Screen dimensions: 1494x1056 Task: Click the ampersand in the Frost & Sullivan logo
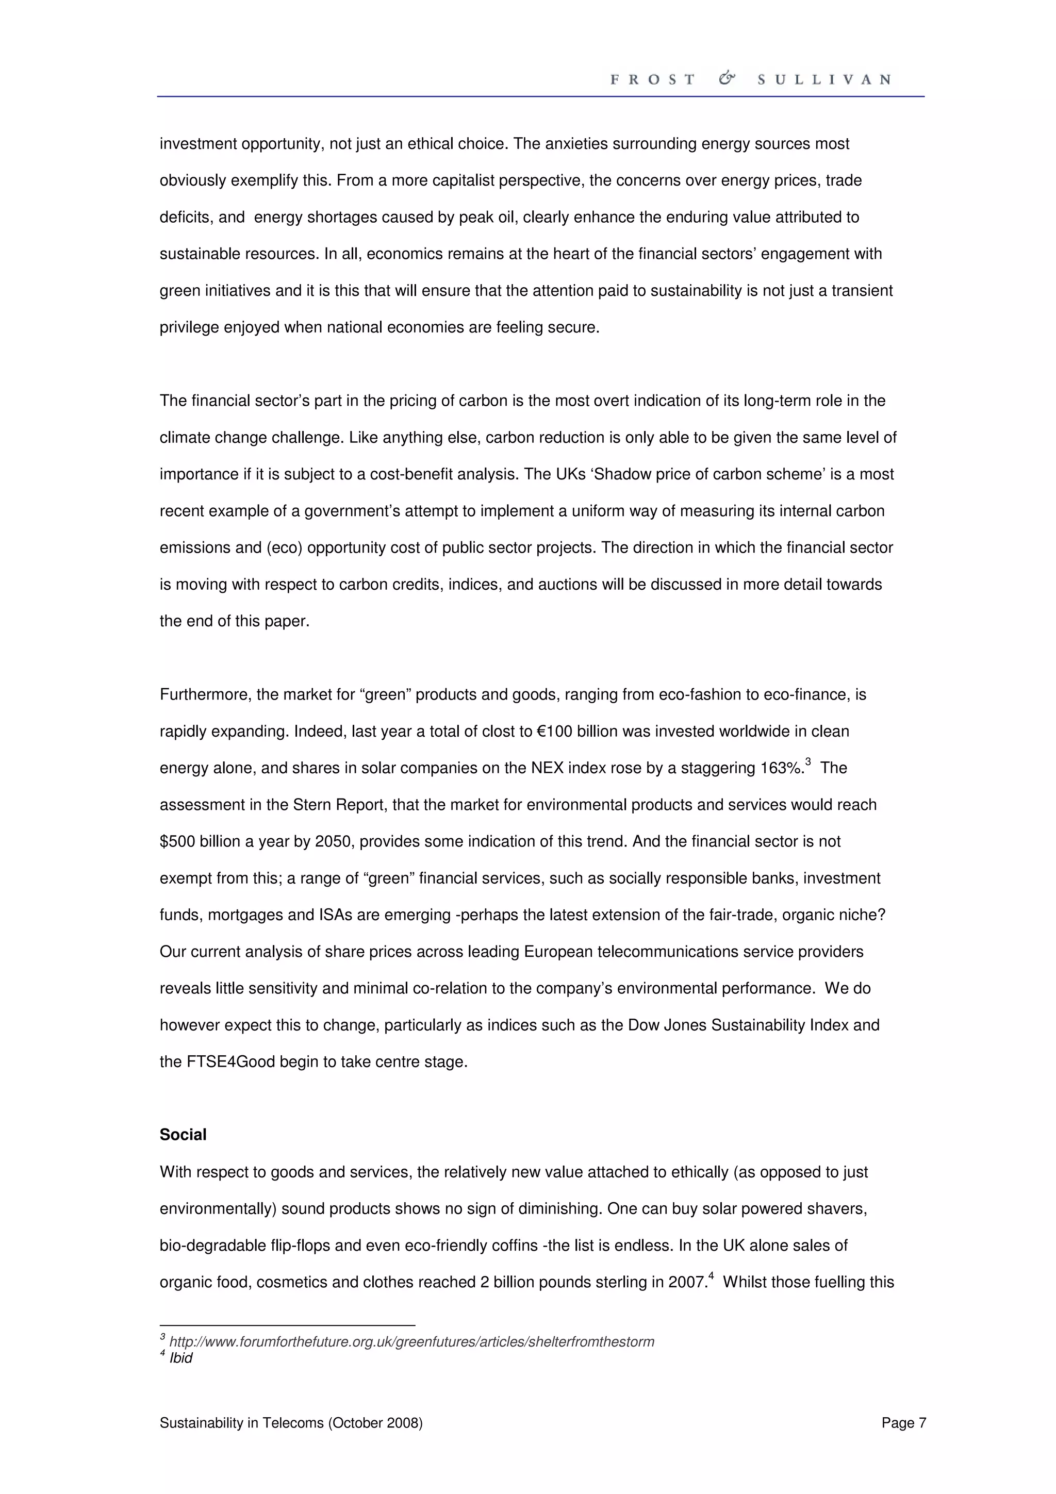point(727,79)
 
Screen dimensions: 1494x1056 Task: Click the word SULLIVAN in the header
point(824,79)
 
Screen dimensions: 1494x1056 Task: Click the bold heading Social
point(183,1134)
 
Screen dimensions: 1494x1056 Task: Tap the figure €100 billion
point(577,732)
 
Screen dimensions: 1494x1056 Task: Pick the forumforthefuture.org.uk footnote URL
point(411,1342)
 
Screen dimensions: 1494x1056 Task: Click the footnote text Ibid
point(181,1358)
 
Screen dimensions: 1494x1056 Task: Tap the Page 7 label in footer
point(903,1423)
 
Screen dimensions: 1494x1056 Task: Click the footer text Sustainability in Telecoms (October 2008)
point(291,1423)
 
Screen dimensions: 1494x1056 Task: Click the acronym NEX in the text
point(547,769)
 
